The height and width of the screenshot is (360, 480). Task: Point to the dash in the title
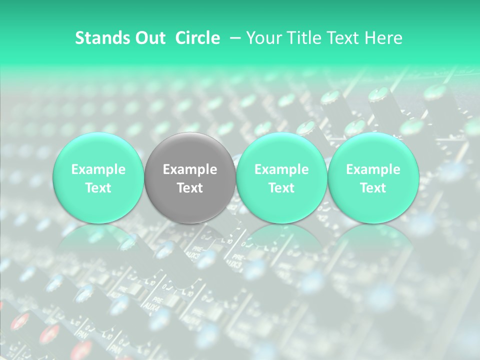pyautogui.click(x=233, y=38)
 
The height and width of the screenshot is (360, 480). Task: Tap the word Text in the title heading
pyautogui.click(x=341, y=38)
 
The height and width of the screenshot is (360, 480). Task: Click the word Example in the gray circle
pyautogui.click(x=190, y=169)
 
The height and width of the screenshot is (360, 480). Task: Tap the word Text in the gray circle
pyautogui.click(x=190, y=188)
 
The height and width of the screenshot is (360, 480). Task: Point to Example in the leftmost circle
pyautogui.click(x=98, y=169)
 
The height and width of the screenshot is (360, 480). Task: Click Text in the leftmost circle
pyautogui.click(x=98, y=188)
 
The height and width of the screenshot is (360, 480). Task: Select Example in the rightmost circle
pyautogui.click(x=373, y=169)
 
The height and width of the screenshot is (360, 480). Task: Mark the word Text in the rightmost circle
pyautogui.click(x=373, y=188)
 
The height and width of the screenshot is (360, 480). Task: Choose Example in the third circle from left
pyautogui.click(x=281, y=169)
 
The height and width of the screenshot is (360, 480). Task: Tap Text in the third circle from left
pyautogui.click(x=281, y=188)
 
